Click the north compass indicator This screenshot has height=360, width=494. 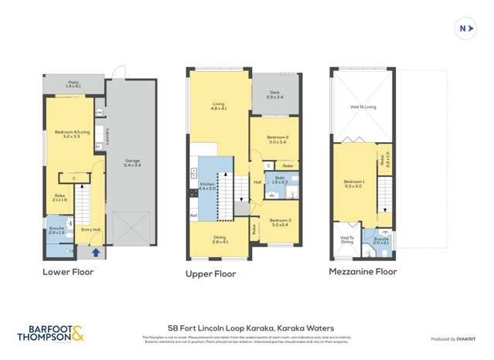[465, 29]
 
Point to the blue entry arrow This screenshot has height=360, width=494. [96, 252]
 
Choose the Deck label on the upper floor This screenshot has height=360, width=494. [274, 95]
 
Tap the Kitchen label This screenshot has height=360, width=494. [207, 187]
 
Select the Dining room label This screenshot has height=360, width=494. [220, 240]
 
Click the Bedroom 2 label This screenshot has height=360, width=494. [278, 140]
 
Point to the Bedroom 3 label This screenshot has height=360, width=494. [279, 222]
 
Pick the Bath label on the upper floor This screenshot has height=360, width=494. [280, 179]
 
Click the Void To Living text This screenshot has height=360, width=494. [363, 107]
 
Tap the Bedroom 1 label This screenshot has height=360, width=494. [353, 184]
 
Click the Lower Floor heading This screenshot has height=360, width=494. [67, 271]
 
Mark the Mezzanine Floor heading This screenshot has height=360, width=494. [363, 271]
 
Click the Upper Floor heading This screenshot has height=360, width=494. [210, 274]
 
